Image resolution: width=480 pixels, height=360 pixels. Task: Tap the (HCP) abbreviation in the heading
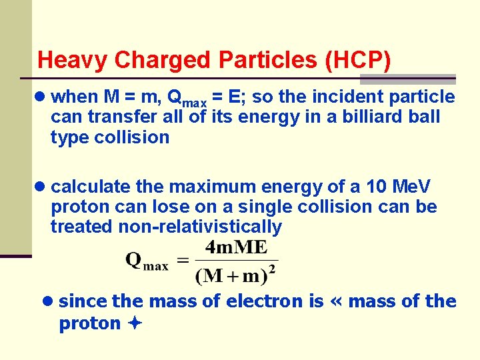(x=358, y=60)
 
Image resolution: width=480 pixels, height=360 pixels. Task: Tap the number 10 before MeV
(x=376, y=187)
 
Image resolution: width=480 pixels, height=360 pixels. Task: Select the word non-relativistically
(x=200, y=227)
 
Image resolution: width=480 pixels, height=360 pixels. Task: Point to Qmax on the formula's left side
(x=147, y=261)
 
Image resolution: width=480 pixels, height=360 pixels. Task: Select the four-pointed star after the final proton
(x=135, y=324)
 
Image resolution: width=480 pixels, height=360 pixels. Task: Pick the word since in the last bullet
(x=83, y=301)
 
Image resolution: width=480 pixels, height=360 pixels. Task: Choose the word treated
(x=82, y=227)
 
